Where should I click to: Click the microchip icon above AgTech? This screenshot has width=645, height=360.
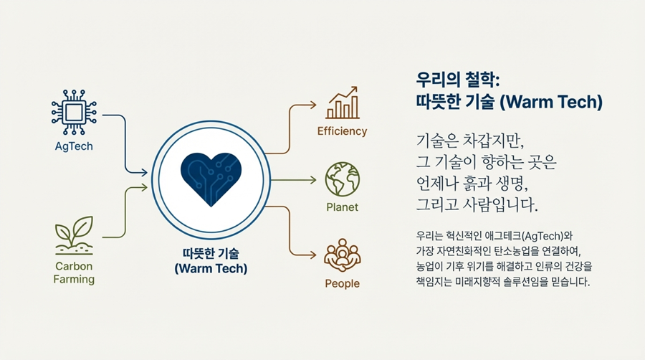point(74,113)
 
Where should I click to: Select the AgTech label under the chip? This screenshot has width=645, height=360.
point(74,146)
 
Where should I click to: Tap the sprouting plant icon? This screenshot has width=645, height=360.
point(74,235)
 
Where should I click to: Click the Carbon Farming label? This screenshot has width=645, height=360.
point(74,273)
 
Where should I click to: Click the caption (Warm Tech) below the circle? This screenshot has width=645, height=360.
point(211,269)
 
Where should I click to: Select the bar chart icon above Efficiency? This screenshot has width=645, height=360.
point(343,103)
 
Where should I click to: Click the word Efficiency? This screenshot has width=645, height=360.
point(343,131)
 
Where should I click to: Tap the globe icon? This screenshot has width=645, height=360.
point(343,179)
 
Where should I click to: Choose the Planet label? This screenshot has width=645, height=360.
point(343,207)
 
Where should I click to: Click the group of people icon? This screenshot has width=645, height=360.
point(343,255)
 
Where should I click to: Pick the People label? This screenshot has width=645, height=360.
point(343,283)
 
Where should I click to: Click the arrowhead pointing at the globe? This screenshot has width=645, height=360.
point(313,180)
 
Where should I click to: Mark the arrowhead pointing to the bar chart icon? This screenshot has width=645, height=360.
point(313,105)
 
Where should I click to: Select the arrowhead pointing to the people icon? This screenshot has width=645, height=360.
point(313,255)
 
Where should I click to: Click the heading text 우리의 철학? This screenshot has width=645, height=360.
point(457,80)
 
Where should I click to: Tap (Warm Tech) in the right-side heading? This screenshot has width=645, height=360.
point(551,102)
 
